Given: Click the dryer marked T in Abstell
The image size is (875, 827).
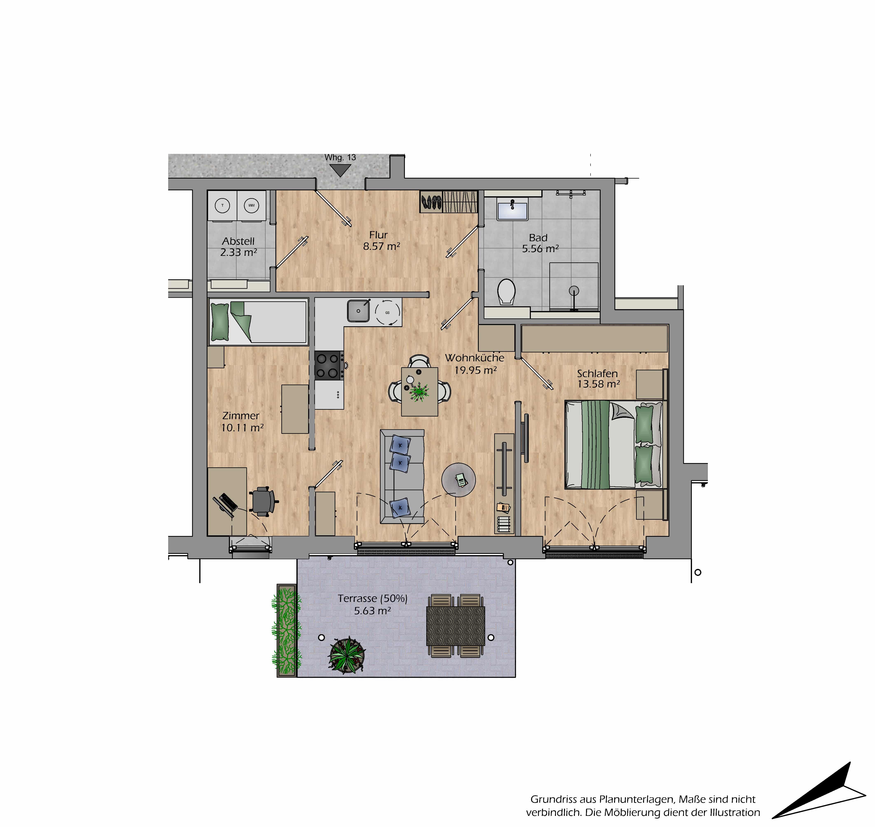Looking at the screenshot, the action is coord(223,205).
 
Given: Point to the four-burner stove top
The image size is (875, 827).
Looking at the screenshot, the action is coord(329,365).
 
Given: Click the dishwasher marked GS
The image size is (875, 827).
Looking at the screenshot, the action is coord(388,312).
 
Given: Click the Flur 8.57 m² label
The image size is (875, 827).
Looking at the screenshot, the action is coord(381,241).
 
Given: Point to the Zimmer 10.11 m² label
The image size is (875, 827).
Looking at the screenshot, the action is coord(242,421).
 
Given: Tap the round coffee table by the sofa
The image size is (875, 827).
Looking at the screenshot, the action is coord(458,480).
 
